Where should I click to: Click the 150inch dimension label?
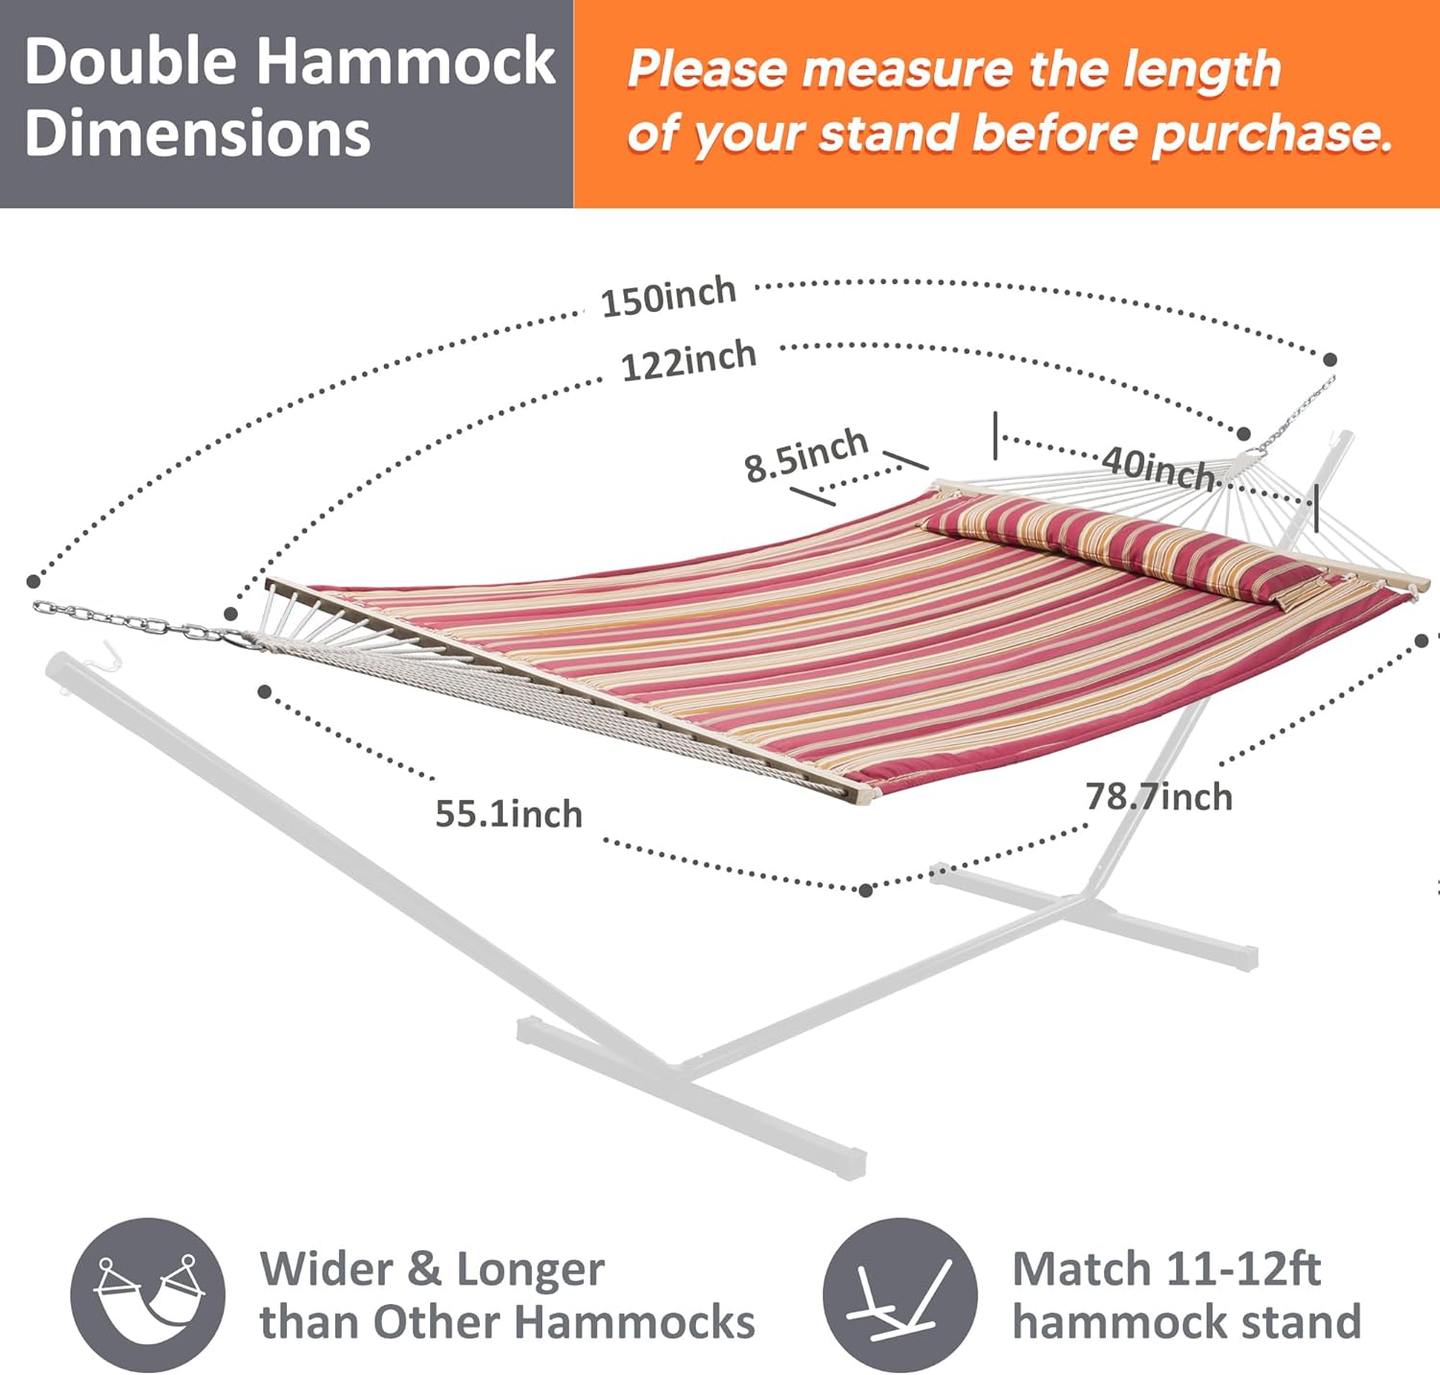point(668,296)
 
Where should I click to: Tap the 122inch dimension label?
point(688,361)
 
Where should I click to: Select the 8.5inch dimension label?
point(806,454)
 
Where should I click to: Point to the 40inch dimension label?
point(1158,468)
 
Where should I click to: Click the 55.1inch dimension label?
point(509,813)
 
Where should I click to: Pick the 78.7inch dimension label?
point(1159,796)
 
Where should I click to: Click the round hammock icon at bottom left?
point(148,1294)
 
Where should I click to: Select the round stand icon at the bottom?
point(900,1294)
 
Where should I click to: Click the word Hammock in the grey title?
point(407,60)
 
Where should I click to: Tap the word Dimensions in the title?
point(198,133)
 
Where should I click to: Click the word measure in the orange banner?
point(906,69)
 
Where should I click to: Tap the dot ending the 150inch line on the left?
point(34,581)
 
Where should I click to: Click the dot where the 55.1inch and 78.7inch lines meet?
point(865,891)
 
